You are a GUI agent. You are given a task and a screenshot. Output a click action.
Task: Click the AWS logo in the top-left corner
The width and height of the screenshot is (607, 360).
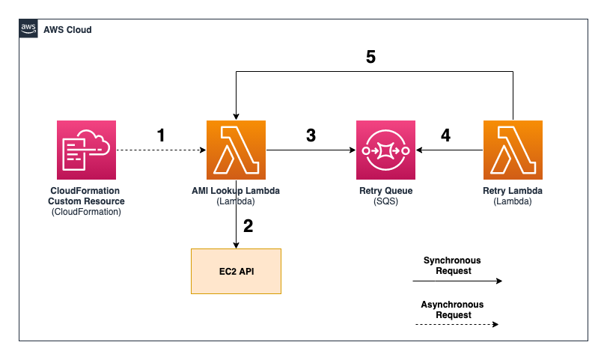click(x=29, y=29)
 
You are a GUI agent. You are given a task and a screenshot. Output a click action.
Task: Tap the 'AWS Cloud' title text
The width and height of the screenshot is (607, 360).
click(x=67, y=30)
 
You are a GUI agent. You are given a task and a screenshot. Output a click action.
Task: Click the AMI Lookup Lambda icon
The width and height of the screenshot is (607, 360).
click(x=237, y=150)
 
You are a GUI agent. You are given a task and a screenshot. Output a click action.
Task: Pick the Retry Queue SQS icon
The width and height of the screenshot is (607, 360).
click(x=385, y=150)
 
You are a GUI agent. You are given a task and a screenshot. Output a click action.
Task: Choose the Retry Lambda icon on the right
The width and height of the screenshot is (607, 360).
click(x=513, y=150)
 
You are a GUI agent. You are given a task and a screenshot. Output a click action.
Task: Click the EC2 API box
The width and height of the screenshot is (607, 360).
click(x=237, y=271)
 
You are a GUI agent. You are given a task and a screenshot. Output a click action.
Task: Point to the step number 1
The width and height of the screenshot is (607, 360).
click(x=160, y=135)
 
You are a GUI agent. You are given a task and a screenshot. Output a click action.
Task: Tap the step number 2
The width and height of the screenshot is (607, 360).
click(x=249, y=226)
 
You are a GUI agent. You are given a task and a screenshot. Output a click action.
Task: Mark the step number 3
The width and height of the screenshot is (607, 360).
click(x=311, y=135)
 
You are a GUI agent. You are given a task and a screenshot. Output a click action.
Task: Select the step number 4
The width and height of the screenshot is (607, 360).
click(x=446, y=135)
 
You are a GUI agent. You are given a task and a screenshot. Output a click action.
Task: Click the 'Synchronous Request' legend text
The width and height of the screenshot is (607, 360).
click(x=452, y=266)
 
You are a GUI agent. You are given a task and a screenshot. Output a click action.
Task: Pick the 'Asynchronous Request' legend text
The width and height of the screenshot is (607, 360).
click(x=452, y=310)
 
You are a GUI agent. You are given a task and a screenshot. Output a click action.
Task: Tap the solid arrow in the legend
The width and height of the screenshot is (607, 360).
click(x=457, y=282)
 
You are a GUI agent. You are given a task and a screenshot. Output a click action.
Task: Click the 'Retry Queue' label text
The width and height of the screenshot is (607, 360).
click(x=385, y=192)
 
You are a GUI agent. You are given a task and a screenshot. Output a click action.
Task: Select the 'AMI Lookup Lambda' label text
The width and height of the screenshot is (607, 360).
click(x=237, y=192)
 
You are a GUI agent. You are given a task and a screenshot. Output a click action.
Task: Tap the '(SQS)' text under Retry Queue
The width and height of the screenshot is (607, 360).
click(x=385, y=202)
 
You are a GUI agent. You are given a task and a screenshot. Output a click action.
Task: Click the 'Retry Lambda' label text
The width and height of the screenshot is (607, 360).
click(x=513, y=192)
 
